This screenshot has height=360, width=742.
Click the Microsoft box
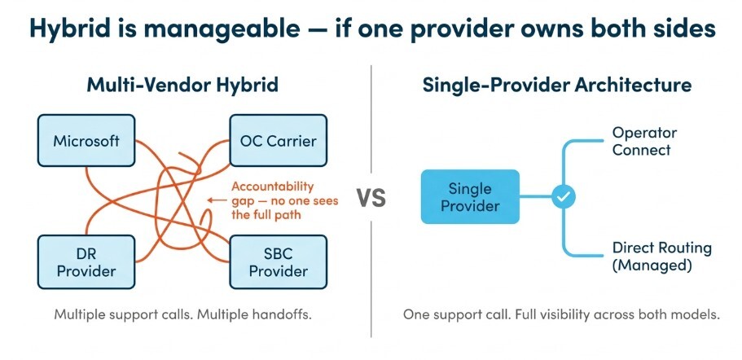coord(86,141)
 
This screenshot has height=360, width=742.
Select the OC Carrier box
coord(279,141)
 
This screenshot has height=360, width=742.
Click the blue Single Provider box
coord(469,196)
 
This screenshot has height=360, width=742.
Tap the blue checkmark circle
coord(564,196)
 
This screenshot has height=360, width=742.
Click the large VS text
coord(371,198)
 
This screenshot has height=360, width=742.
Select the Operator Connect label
coord(645,141)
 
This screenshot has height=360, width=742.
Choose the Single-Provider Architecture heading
coord(557,85)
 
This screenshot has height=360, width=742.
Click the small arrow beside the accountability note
coord(216,200)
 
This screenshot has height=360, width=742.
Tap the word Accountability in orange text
coord(274,186)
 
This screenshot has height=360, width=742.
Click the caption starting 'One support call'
coord(561,314)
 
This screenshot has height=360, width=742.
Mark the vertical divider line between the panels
coord(371,269)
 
